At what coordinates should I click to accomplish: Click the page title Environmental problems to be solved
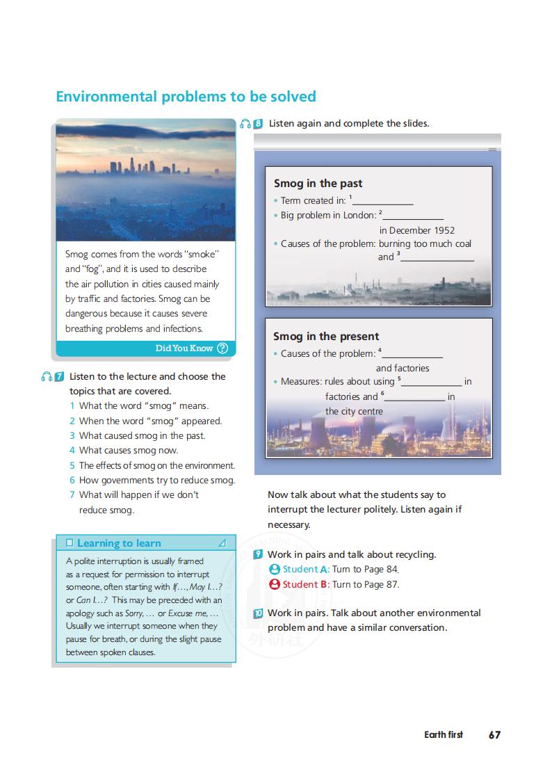[186, 97]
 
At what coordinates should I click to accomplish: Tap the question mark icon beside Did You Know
[222, 348]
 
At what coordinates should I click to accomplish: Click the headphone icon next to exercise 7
[46, 377]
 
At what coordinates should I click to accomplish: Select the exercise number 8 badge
[258, 124]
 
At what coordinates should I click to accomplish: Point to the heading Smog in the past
[318, 184]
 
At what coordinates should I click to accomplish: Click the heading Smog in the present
[326, 337]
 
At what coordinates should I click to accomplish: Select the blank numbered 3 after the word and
[437, 258]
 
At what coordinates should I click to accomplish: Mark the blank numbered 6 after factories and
[415, 398]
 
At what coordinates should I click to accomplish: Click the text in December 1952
[417, 230]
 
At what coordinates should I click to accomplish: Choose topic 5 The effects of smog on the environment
[156, 466]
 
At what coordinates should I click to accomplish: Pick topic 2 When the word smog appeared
[149, 421]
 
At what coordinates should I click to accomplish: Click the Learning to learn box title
[119, 543]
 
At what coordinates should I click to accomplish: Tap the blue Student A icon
[275, 570]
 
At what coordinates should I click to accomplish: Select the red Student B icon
[275, 585]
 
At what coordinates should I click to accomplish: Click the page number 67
[494, 734]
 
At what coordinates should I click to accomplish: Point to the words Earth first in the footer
[443, 734]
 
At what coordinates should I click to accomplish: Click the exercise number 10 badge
[258, 613]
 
